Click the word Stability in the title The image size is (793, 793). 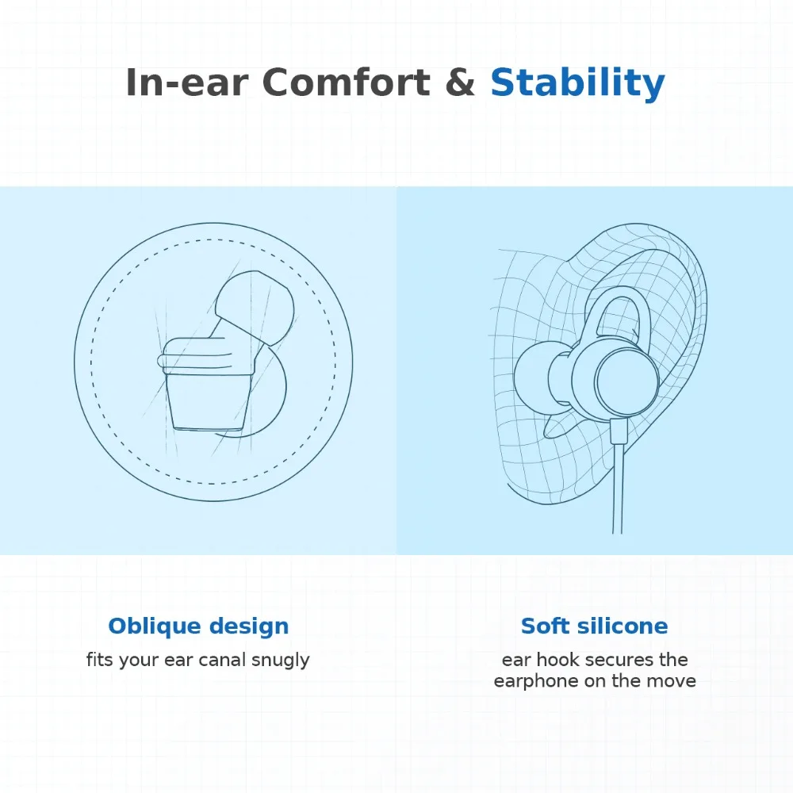click(x=577, y=83)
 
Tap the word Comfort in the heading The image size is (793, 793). click(x=346, y=82)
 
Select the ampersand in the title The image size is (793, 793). click(x=460, y=82)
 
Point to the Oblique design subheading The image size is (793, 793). click(x=198, y=627)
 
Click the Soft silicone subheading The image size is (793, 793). click(x=594, y=626)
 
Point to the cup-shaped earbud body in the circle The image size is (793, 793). click(x=209, y=400)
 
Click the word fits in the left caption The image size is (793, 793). click(x=99, y=660)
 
